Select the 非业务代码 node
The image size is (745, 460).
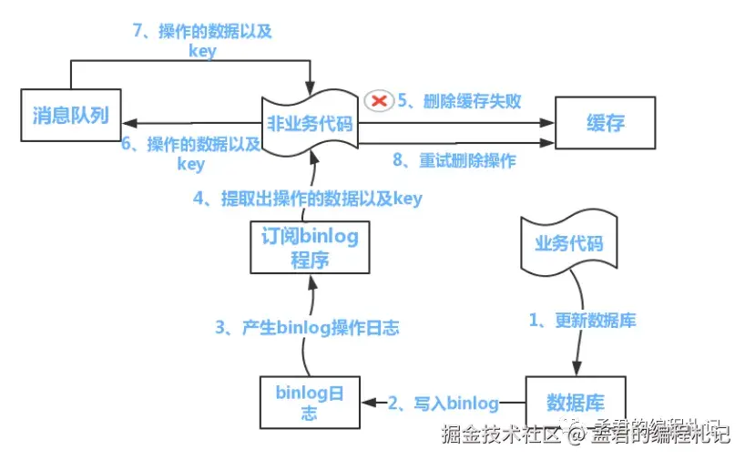310,123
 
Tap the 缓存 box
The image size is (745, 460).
607,123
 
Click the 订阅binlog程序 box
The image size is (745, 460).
310,247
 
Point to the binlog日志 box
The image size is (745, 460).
310,402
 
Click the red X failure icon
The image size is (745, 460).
376,100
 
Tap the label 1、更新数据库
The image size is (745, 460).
583,321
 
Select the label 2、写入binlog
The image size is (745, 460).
444,402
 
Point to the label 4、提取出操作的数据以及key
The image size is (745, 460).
307,198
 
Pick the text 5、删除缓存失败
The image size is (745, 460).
459,100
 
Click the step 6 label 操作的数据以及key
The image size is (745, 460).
191,153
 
